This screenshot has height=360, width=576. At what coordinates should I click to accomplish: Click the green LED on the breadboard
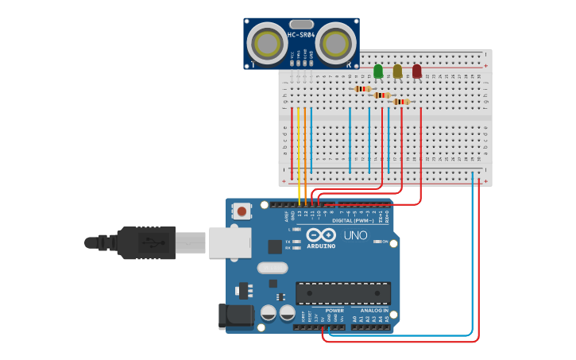378,72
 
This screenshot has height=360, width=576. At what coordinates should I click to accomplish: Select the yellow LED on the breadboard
397,72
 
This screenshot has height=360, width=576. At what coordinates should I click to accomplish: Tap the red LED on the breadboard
416,72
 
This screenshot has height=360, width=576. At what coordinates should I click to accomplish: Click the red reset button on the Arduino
241,211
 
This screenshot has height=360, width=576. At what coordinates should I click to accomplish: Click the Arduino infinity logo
321,235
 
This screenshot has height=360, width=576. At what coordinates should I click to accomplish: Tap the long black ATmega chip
343,293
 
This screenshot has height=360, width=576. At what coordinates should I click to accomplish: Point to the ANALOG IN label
369,310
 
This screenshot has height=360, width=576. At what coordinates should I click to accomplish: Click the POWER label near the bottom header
334,310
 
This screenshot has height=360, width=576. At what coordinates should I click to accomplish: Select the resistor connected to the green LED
363,89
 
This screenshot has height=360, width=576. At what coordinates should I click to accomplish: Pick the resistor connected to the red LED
401,102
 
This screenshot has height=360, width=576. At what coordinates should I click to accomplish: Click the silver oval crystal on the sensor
301,25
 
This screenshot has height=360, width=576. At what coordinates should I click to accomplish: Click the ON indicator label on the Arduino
385,242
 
